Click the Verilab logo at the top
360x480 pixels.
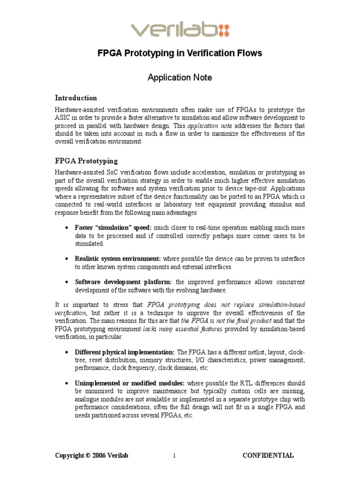[180, 30]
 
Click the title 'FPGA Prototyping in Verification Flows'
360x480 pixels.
[180, 53]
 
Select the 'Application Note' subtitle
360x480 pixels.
[180, 77]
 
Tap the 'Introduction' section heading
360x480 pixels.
[76, 98]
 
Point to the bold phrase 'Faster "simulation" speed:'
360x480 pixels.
[113, 227]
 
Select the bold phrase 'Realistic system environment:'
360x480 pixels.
[118, 258]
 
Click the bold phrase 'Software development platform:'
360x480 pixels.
[124, 282]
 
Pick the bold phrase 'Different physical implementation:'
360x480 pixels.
[125, 352]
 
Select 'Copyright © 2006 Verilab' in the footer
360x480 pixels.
[91, 455]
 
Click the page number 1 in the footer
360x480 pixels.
[174, 456]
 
